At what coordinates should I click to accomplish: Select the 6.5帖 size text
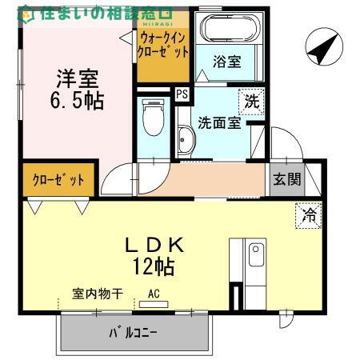[77, 102]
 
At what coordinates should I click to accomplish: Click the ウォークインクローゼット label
[164, 44]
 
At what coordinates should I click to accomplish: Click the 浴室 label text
[226, 61]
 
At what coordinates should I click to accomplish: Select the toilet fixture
[150, 120]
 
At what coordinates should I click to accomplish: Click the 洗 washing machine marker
[252, 102]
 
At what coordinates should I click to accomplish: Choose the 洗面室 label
[219, 124]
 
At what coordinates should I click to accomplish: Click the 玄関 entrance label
[286, 180]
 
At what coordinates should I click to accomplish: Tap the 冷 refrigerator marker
[309, 215]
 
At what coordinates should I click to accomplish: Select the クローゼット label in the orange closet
[58, 180]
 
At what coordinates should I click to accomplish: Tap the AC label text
[153, 294]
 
